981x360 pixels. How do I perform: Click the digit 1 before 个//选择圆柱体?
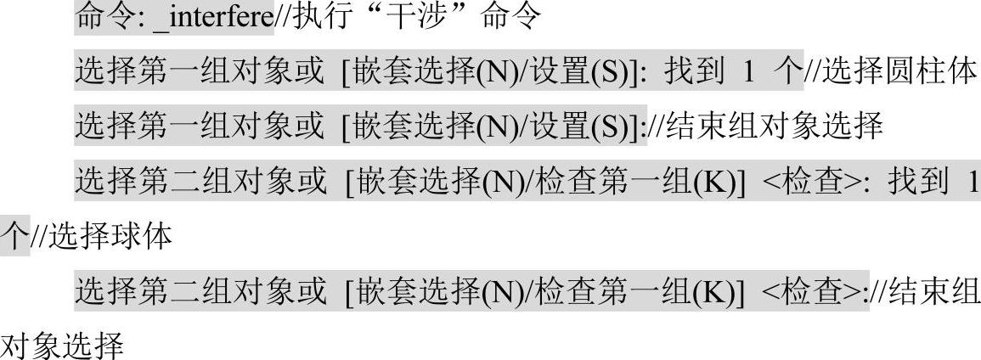(x=748, y=73)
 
